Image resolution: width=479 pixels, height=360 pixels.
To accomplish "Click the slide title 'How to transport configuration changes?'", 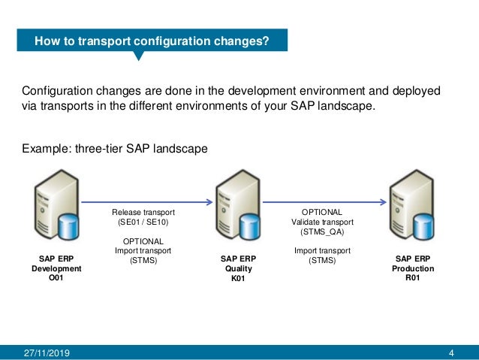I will (x=151, y=41).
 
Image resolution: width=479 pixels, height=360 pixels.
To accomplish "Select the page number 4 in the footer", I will (x=451, y=352).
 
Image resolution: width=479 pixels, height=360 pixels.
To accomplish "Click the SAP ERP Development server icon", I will (x=52, y=210).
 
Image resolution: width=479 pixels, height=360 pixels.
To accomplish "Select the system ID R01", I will (x=414, y=277).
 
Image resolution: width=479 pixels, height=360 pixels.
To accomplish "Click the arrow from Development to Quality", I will (x=146, y=201).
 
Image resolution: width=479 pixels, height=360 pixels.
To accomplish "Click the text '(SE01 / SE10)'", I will (x=142, y=223).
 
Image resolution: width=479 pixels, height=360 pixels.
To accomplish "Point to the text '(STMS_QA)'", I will (x=322, y=232).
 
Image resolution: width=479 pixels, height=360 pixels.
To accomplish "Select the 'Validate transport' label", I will (x=322, y=222).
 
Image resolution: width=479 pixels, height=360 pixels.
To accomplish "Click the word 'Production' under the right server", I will (x=414, y=268).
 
